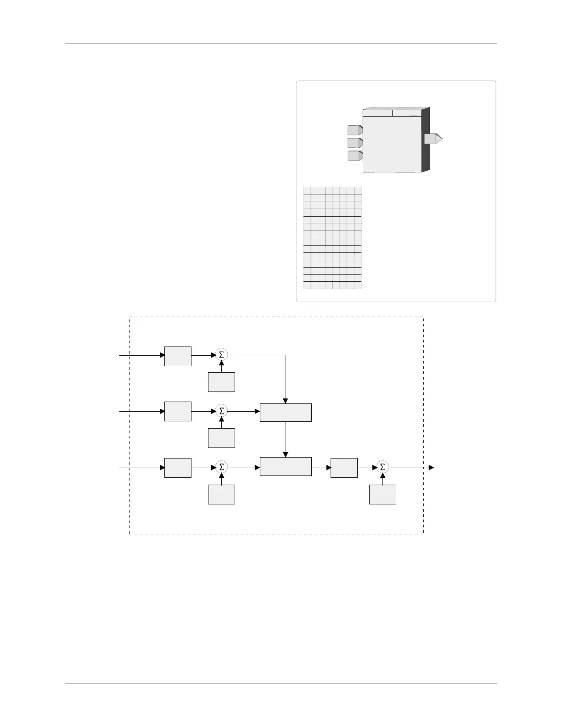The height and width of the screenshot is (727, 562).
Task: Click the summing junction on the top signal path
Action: tap(221, 355)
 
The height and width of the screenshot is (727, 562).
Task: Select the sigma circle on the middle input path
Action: tap(221, 411)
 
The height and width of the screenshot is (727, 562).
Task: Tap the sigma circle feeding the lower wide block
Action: tap(221, 467)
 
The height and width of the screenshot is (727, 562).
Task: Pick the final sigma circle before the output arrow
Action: tap(382, 467)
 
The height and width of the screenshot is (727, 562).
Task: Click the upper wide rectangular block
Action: tap(286, 413)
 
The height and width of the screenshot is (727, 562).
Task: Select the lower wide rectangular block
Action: tap(286, 466)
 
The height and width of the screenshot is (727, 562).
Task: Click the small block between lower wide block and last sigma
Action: tap(344, 468)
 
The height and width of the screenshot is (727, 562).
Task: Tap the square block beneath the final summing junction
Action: tap(382, 494)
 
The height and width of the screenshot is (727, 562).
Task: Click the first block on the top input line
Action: tap(178, 356)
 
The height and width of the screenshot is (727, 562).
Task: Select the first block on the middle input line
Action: tap(178, 411)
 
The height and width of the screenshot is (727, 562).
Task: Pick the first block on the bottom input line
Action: tap(178, 468)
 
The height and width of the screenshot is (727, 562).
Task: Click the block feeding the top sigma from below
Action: tap(221, 382)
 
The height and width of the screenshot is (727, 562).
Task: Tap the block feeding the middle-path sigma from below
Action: tap(221, 438)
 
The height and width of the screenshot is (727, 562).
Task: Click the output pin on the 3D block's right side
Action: tap(433, 138)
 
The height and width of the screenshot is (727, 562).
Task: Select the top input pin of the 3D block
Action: tap(355, 130)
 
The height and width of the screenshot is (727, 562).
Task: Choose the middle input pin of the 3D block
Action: tap(355, 143)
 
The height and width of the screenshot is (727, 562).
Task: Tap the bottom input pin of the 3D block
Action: tap(355, 156)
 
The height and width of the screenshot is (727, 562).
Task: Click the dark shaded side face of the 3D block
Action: tap(425, 140)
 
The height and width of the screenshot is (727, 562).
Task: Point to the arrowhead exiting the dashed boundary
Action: tap(431, 468)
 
